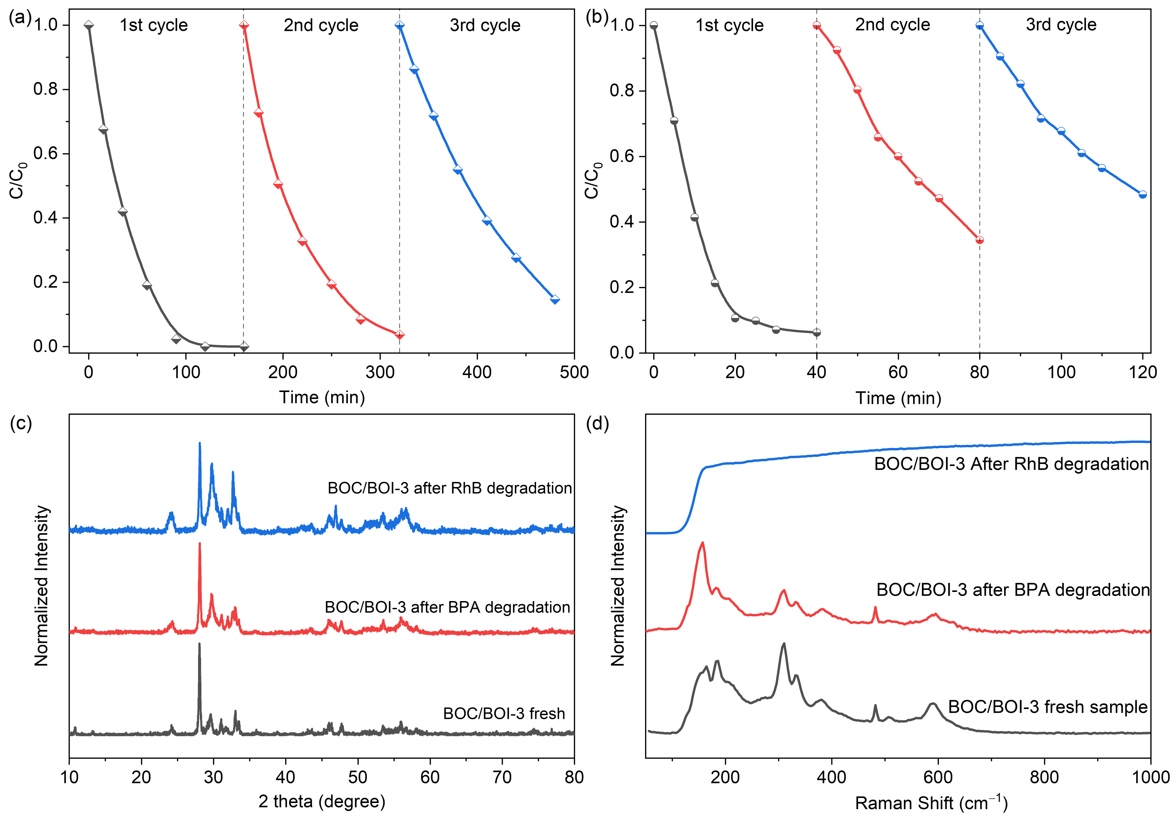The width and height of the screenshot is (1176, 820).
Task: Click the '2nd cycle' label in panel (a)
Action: [x=321, y=25]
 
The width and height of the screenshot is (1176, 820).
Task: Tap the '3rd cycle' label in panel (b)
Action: [x=1061, y=24]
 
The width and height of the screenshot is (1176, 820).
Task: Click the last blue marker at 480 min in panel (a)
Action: [x=555, y=299]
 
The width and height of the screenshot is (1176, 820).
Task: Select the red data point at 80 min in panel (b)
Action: [x=979, y=240]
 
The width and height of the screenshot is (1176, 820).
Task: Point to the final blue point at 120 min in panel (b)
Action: [x=1142, y=194]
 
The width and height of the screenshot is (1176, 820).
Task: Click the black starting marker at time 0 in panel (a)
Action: [x=89, y=25]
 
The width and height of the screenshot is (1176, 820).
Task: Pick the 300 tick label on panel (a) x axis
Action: [x=379, y=372]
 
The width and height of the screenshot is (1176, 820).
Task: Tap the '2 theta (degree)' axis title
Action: [x=322, y=801]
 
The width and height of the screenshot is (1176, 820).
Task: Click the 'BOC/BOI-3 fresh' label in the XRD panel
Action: [x=504, y=713]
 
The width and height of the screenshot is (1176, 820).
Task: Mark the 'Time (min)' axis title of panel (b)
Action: [x=898, y=398]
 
